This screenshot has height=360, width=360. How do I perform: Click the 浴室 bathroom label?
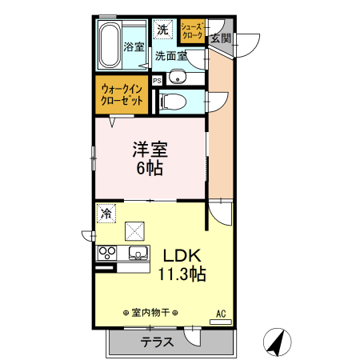coord(134,46)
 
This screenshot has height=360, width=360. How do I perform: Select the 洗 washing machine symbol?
coord(163,30)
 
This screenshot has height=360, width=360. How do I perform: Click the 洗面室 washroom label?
coord(170,56)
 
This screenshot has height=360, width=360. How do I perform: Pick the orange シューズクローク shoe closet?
coord(192,30)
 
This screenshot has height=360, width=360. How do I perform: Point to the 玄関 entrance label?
coord(221,38)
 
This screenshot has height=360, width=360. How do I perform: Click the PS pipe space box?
coord(157,80)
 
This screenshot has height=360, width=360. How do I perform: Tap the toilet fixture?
coord(174,100)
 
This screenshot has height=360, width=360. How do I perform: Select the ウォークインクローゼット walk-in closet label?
coord(122,97)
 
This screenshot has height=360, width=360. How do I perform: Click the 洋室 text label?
coord(150,150)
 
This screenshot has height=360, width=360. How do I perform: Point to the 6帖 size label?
coord(150,170)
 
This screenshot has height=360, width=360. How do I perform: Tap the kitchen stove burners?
coord(108,254)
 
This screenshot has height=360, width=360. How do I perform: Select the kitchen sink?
coord(138,254)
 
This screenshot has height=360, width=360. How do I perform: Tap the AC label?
coord(220,313)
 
